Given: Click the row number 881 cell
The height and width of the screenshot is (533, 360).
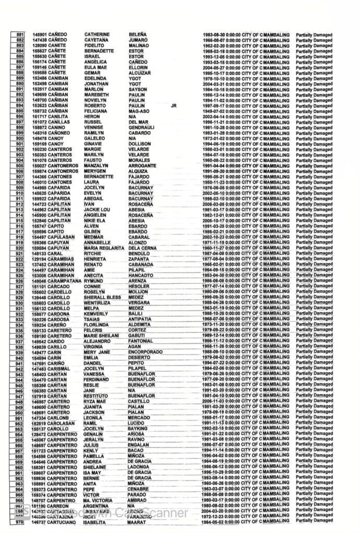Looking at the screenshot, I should (19, 35).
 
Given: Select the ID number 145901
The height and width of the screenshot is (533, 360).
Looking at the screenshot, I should (39, 35).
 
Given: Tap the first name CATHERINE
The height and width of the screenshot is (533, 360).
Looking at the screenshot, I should (98, 35).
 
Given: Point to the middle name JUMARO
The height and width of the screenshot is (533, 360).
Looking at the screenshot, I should (139, 40).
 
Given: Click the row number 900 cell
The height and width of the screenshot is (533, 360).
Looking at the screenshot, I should (19, 138).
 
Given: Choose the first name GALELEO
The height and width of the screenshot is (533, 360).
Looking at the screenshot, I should (95, 138).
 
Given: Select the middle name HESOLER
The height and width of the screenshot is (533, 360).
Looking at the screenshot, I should (139, 286).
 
